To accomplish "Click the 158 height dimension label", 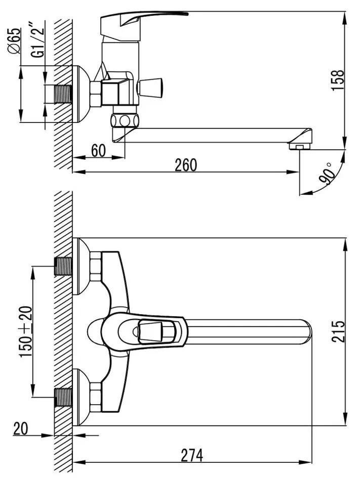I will [x=338, y=80].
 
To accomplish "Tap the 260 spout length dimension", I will [x=186, y=165].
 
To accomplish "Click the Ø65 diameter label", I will [x=15, y=41].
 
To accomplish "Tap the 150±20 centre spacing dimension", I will [x=25, y=332].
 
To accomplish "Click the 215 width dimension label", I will [x=338, y=332].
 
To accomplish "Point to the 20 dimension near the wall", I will [x=20, y=429].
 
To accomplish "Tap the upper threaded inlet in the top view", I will [x=63, y=266].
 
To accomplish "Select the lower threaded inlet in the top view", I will [x=63, y=397].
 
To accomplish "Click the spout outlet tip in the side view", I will [x=300, y=146].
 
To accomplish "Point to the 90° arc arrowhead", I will [x=302, y=193].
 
